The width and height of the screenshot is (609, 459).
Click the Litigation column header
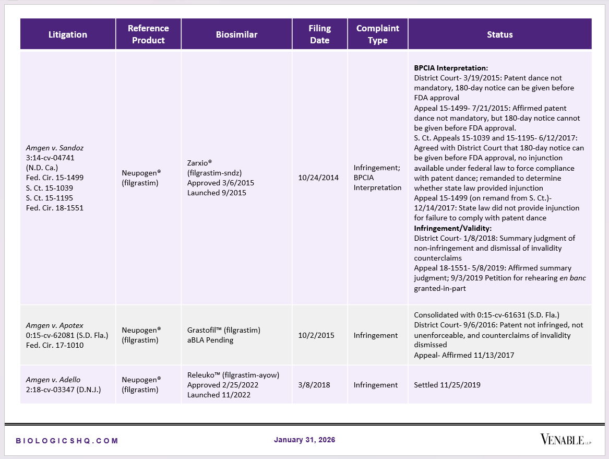pyautogui.click(x=68, y=34)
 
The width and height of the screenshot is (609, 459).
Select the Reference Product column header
pyautogui.click(x=148, y=34)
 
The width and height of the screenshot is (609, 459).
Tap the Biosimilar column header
pyautogui.click(x=236, y=34)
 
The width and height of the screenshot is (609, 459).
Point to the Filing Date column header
pyautogui.click(x=319, y=34)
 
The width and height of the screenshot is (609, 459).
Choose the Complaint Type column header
pyautogui.click(x=377, y=34)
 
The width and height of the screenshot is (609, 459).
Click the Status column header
pyautogui.click(x=499, y=34)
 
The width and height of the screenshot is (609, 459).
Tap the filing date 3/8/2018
pyautogui.click(x=314, y=385)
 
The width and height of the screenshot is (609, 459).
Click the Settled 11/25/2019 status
pyautogui.click(x=447, y=385)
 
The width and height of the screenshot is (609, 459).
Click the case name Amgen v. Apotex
pyautogui.click(x=55, y=325)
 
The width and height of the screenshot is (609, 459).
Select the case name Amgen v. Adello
pyautogui.click(x=53, y=380)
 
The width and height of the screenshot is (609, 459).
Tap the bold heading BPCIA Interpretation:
pyautogui.click(x=451, y=68)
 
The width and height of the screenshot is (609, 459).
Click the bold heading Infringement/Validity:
pyautogui.click(x=452, y=228)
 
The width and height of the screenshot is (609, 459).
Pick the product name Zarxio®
pyautogui.click(x=199, y=162)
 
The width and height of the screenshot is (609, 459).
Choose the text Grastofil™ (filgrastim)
pyautogui.click(x=223, y=330)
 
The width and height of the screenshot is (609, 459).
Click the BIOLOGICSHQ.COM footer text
pyautogui.click(x=67, y=441)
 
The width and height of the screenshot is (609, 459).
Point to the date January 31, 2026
pyautogui.click(x=304, y=440)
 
